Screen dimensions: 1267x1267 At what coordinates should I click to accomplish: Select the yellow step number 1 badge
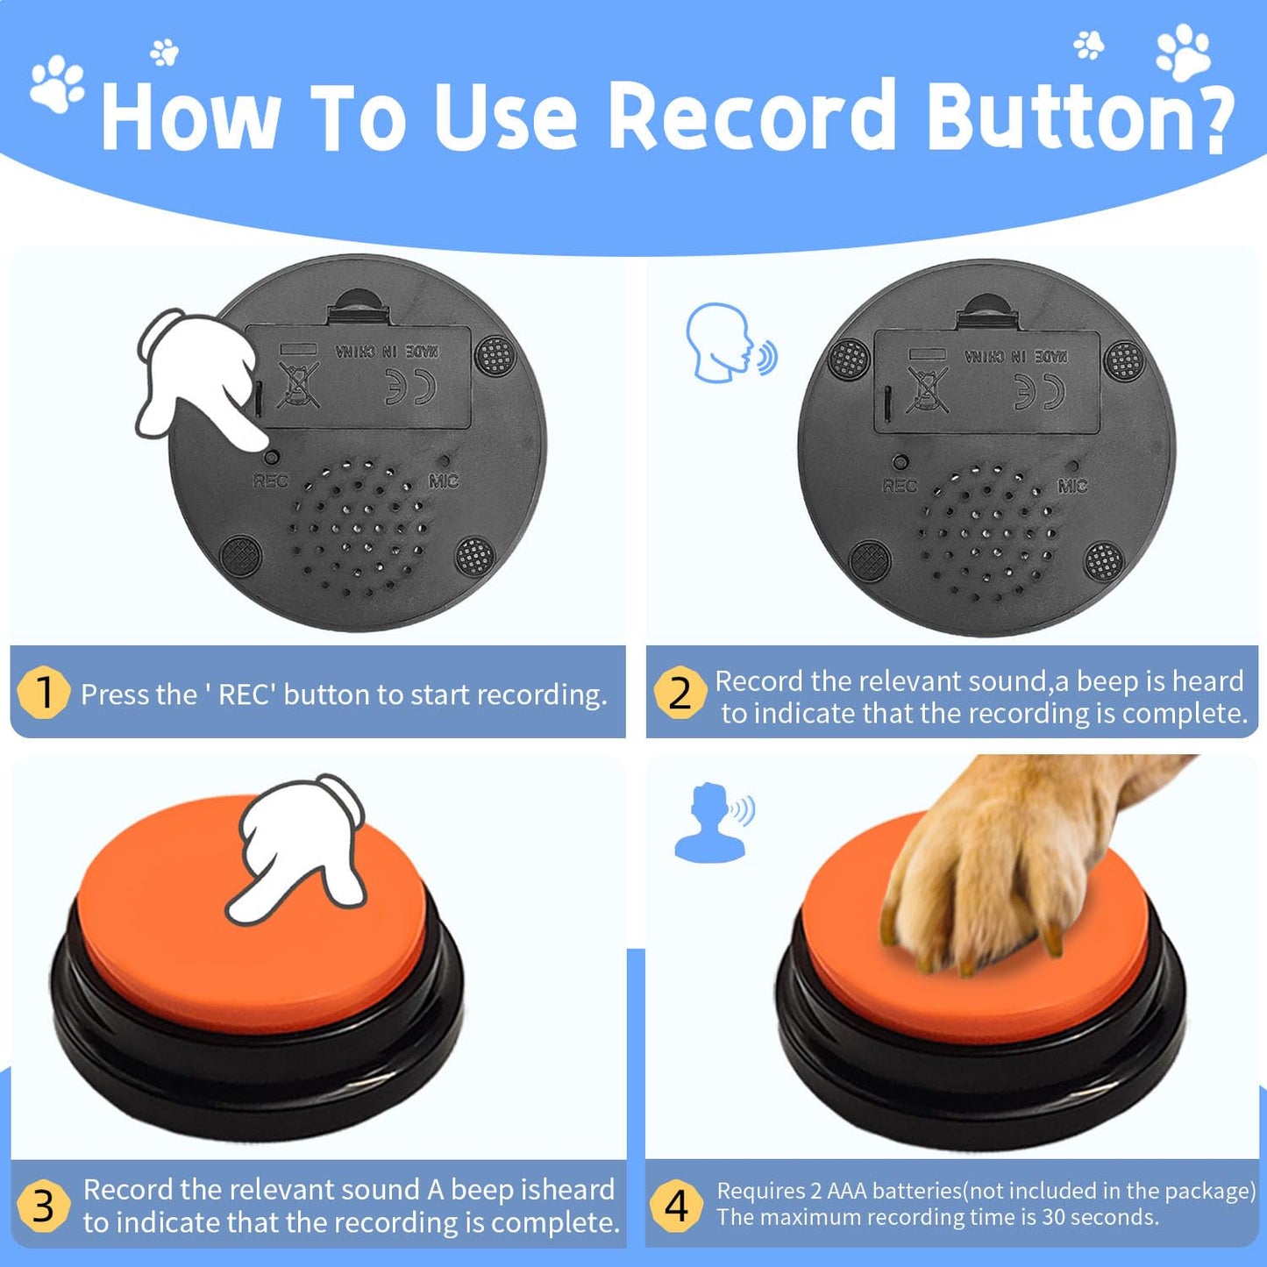tap(43, 693)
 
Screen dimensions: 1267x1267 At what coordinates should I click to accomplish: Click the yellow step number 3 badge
tap(43, 1206)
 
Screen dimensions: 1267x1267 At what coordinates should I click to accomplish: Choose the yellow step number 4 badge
tap(676, 1206)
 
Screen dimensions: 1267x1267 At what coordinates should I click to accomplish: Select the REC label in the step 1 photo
tap(270, 480)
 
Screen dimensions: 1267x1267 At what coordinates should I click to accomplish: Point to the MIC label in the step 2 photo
tap(1072, 486)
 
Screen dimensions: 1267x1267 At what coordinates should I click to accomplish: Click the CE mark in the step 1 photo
tap(410, 387)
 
